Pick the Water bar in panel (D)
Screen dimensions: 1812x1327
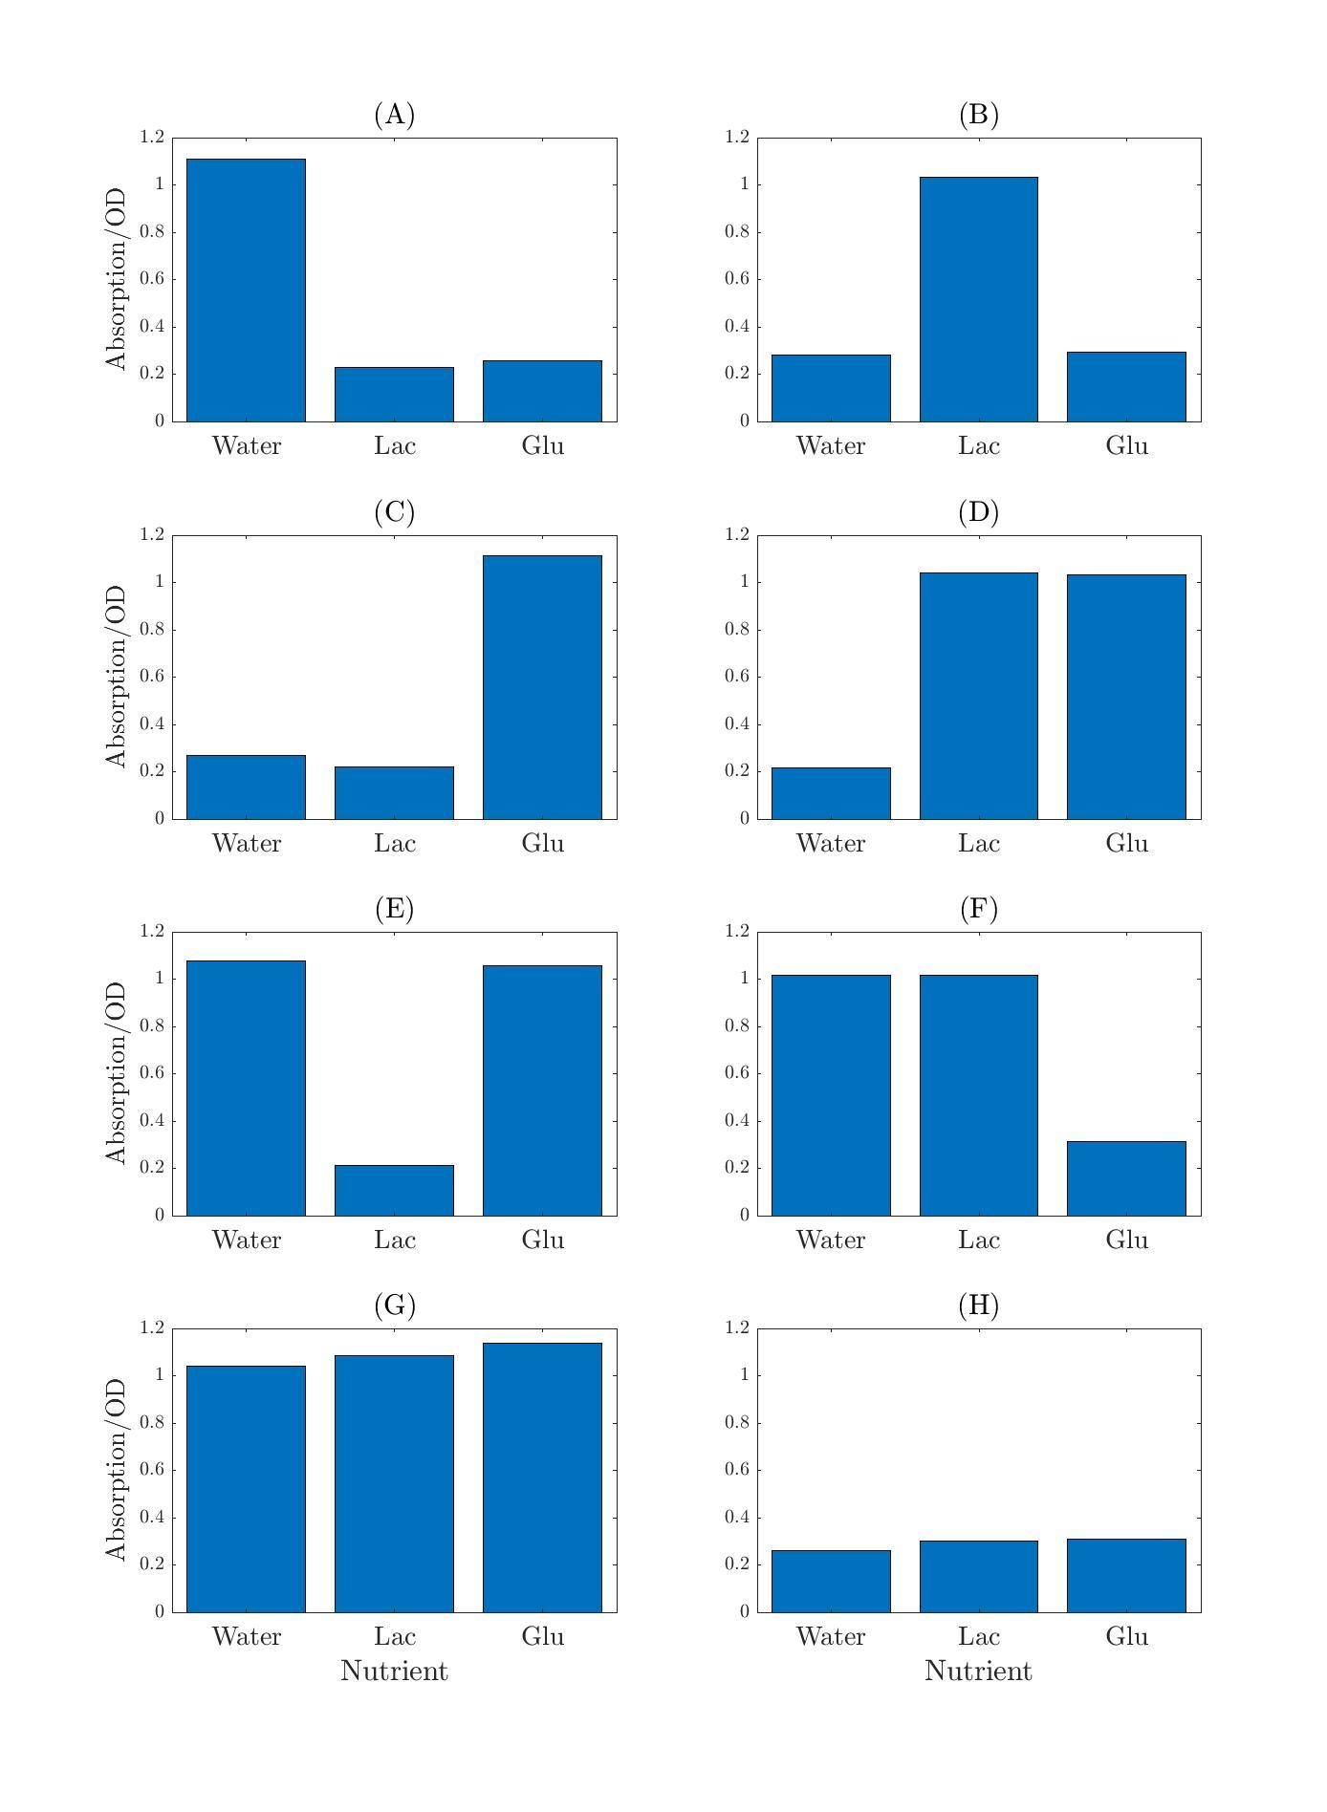(x=831, y=793)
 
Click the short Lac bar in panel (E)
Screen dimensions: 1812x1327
(x=394, y=1190)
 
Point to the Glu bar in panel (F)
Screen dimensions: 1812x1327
(x=1126, y=1178)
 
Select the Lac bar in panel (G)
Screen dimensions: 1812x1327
(x=394, y=1483)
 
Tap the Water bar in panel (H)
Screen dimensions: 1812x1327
(x=831, y=1581)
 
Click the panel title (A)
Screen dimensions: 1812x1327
(x=394, y=115)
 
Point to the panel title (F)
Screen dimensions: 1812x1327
(x=978, y=909)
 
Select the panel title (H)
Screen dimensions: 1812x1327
(x=978, y=1305)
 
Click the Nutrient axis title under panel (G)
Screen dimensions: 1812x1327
(x=394, y=1672)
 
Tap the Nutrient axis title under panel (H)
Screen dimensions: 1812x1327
(x=978, y=1672)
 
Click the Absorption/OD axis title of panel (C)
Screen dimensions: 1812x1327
(x=117, y=676)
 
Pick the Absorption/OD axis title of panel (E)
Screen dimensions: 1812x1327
(x=117, y=1072)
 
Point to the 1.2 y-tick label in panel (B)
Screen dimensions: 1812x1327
(x=735, y=137)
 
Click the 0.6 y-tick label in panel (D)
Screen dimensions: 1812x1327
(x=735, y=676)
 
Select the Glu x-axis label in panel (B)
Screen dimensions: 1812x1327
(x=1126, y=446)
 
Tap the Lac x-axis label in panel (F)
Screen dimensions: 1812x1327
(x=978, y=1240)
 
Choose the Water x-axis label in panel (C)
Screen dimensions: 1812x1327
(x=246, y=844)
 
